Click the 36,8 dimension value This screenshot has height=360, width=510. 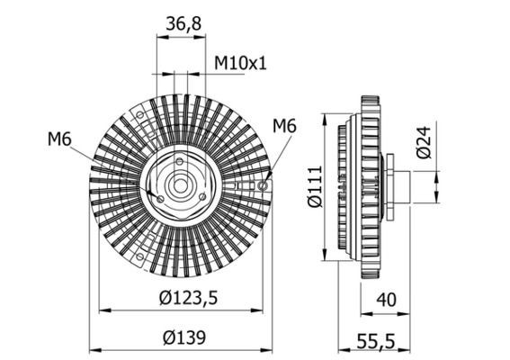(x=183, y=25)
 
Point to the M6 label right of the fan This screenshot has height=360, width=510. (x=283, y=126)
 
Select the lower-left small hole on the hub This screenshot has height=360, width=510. (x=160, y=199)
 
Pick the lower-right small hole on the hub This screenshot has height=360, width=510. (x=203, y=199)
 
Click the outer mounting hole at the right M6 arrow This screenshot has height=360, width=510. (x=262, y=184)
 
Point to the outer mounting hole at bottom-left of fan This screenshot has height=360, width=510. (x=141, y=257)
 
